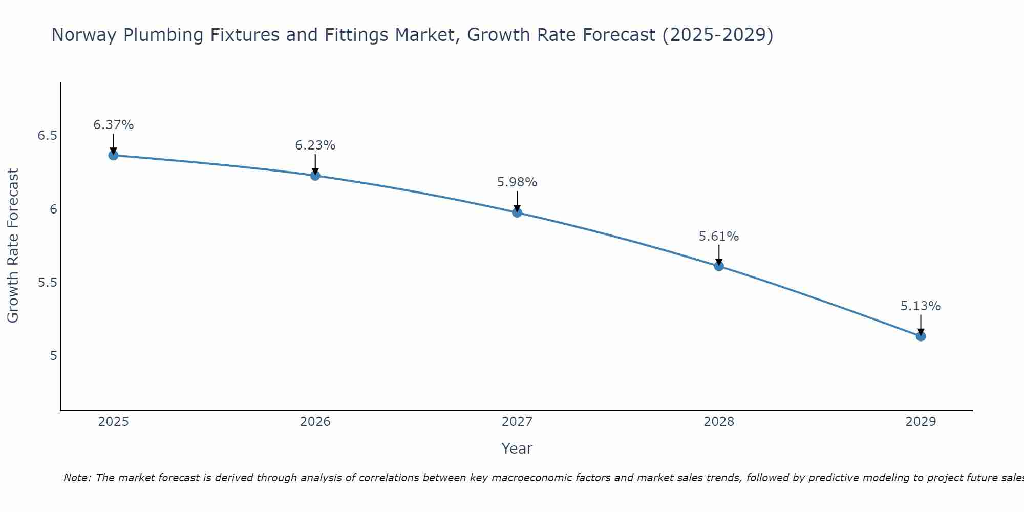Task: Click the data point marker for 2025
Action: click(113, 155)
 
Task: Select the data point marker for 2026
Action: click(315, 176)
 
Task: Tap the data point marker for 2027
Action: click(517, 212)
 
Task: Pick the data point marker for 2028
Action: click(719, 266)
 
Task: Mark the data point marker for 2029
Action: click(921, 336)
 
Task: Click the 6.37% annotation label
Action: click(113, 125)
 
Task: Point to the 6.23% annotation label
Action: click(315, 145)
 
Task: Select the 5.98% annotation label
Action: click(517, 182)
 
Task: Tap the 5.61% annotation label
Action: click(719, 237)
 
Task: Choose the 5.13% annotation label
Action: click(921, 306)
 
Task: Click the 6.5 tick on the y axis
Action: click(47, 136)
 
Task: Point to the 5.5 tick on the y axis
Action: click(47, 282)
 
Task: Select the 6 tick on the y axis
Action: click(53, 209)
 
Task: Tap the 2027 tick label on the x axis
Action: click(517, 422)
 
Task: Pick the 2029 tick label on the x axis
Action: click(921, 422)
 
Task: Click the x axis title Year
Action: click(517, 449)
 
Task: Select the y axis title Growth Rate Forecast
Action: click(13, 245)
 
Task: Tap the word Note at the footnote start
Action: click(77, 478)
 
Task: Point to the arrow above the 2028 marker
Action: click(719, 254)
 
